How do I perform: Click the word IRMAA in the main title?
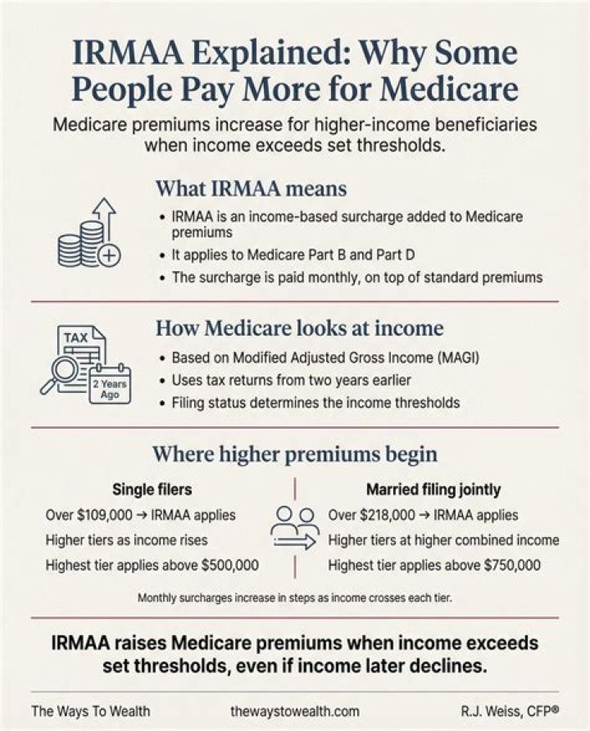click(x=129, y=52)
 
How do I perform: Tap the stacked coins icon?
click(x=81, y=244)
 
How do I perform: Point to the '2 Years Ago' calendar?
click(x=110, y=384)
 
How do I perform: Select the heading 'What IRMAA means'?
click(x=251, y=189)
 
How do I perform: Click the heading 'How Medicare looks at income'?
click(x=299, y=327)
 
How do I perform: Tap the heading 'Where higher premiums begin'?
click(x=295, y=454)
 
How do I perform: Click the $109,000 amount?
click(x=105, y=515)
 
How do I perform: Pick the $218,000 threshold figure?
click(x=388, y=515)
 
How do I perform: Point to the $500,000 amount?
click(x=229, y=565)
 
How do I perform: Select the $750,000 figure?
click(x=512, y=565)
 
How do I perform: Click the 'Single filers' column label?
click(x=152, y=489)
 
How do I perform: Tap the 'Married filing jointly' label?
click(x=433, y=490)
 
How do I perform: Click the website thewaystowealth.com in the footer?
click(x=295, y=711)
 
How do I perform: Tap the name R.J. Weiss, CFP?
click(x=510, y=711)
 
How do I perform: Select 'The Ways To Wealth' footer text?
click(x=91, y=711)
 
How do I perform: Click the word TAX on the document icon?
click(x=75, y=337)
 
